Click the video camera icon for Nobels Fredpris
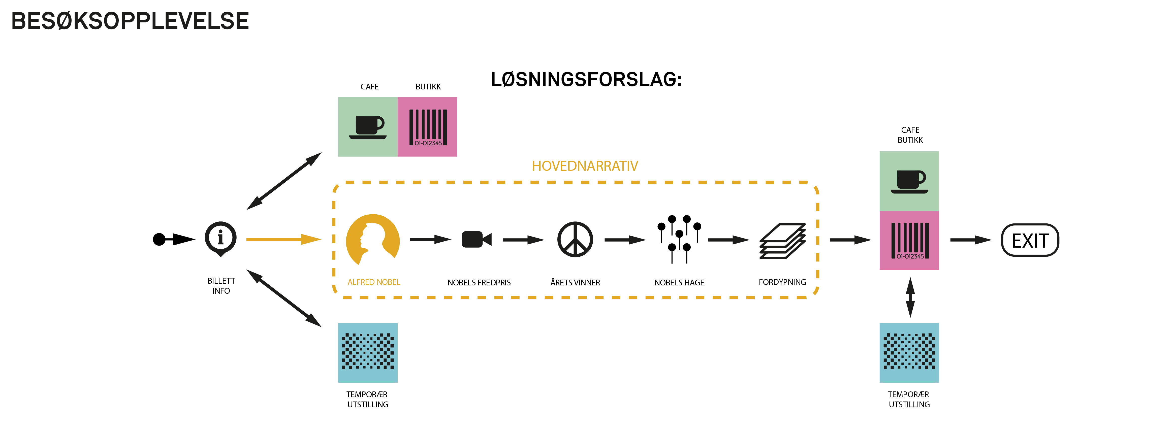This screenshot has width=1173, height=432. tap(476, 240)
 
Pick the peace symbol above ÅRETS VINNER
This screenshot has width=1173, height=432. tap(575, 240)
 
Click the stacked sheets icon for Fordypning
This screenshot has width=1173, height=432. tap(782, 241)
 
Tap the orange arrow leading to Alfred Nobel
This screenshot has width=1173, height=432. tap(284, 239)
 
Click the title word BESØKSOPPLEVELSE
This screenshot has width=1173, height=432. tap(130, 21)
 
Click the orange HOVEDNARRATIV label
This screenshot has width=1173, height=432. tap(585, 166)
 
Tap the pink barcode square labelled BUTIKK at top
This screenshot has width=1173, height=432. tap(427, 126)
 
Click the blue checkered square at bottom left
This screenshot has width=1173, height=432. tap(367, 352)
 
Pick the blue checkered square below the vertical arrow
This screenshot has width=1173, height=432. tap(909, 352)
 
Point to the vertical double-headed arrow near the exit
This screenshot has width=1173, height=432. tap(910, 297)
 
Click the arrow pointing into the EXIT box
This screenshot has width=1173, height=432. tap(971, 240)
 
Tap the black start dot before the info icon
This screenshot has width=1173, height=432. tap(159, 239)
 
